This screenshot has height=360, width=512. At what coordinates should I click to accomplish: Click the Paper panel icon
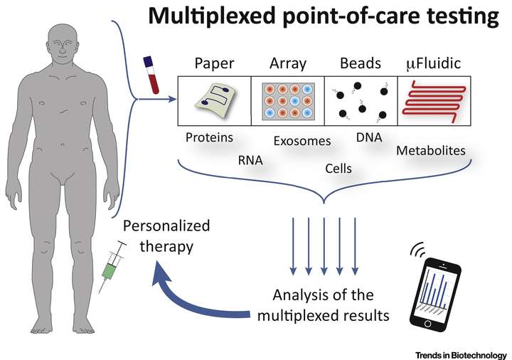(x=214, y=102)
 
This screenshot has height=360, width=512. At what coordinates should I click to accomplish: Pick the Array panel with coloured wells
(x=287, y=102)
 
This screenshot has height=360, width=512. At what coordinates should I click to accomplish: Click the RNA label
(x=250, y=161)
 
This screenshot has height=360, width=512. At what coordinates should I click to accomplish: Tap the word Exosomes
(x=302, y=141)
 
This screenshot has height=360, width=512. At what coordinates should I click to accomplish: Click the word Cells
(x=338, y=168)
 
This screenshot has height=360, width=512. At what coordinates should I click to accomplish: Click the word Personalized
(x=166, y=226)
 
